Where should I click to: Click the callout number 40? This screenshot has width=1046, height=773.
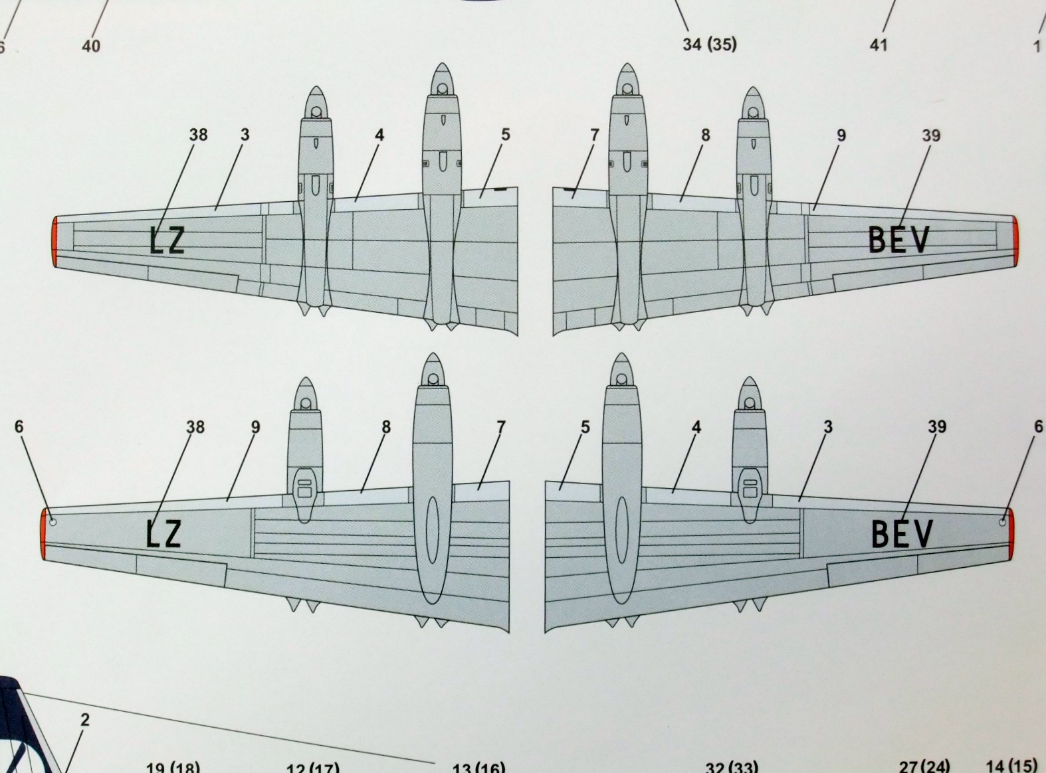pyautogui.click(x=91, y=46)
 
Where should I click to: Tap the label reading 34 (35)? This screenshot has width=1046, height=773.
pyautogui.click(x=710, y=44)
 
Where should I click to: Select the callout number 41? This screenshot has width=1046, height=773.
pyautogui.click(x=879, y=44)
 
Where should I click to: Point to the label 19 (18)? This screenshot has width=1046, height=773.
pyautogui.click(x=173, y=766)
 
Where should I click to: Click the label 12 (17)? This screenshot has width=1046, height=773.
pyautogui.click(x=312, y=768)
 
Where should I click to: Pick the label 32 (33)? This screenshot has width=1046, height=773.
pyautogui.click(x=731, y=768)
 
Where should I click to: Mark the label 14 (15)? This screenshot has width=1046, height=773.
pyautogui.click(x=1011, y=766)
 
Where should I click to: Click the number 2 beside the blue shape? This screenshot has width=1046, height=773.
pyautogui.click(x=84, y=720)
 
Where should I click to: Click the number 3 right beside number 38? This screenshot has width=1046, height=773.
pyautogui.click(x=245, y=135)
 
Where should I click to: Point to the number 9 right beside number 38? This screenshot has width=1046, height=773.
pyautogui.click(x=256, y=427)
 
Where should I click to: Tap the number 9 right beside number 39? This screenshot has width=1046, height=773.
pyautogui.click(x=841, y=135)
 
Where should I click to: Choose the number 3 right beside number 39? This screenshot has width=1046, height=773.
pyautogui.click(x=828, y=427)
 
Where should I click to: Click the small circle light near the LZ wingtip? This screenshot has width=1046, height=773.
pyautogui.click(x=53, y=522)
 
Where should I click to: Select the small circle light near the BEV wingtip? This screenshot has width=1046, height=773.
pyautogui.click(x=1001, y=522)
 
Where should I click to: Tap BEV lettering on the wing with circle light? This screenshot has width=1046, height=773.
pyautogui.click(x=902, y=533)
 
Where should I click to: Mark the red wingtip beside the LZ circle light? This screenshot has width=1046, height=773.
pyautogui.click(x=45, y=535)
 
